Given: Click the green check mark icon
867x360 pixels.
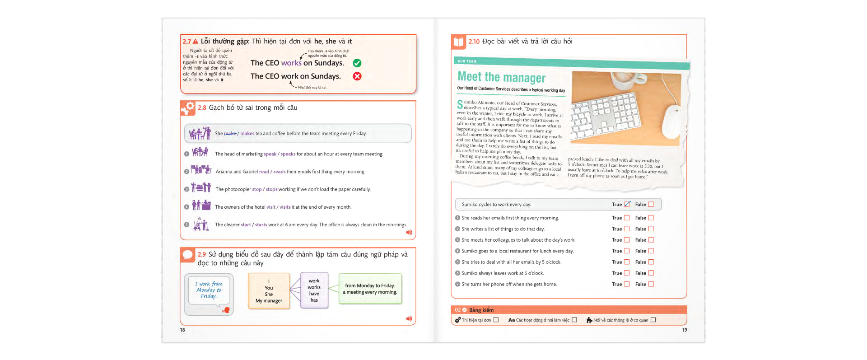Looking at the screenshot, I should [x=357, y=63].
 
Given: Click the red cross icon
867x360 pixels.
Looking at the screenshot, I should [x=357, y=76].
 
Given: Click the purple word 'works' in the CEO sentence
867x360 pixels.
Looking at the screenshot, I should [x=291, y=63].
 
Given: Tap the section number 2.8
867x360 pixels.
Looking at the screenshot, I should [x=202, y=108].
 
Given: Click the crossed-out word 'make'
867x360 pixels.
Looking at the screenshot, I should [x=230, y=134].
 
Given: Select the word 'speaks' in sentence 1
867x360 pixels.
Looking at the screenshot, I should [x=288, y=154].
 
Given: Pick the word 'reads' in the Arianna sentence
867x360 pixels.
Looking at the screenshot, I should [x=279, y=172].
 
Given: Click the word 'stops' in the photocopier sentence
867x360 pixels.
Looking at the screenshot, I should [x=271, y=189].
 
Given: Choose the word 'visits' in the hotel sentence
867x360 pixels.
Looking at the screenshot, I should [x=284, y=207].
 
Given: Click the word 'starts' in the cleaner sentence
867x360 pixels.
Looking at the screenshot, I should [x=261, y=225].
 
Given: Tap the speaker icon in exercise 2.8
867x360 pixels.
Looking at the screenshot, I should [x=409, y=233].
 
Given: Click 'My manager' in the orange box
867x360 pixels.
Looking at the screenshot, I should [x=269, y=301].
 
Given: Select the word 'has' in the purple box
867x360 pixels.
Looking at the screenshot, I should [x=314, y=300].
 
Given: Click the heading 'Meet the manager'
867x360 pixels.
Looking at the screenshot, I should [x=501, y=77].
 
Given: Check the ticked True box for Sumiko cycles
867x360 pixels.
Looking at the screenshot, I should [x=627, y=205].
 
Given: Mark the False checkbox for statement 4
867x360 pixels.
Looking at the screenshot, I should [x=651, y=251].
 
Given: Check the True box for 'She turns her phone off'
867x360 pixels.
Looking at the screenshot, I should [x=626, y=284].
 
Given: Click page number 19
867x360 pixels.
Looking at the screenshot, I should [x=684, y=330].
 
